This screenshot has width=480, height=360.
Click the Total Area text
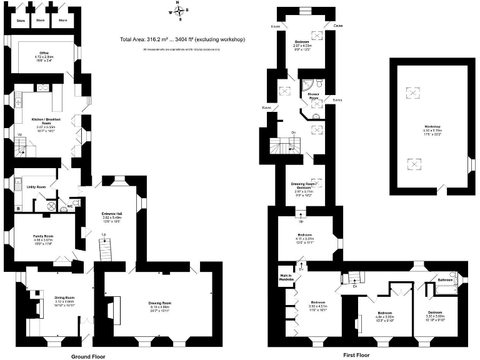click(x=182, y=40)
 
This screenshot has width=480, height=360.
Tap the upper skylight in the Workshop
click(x=413, y=94)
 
